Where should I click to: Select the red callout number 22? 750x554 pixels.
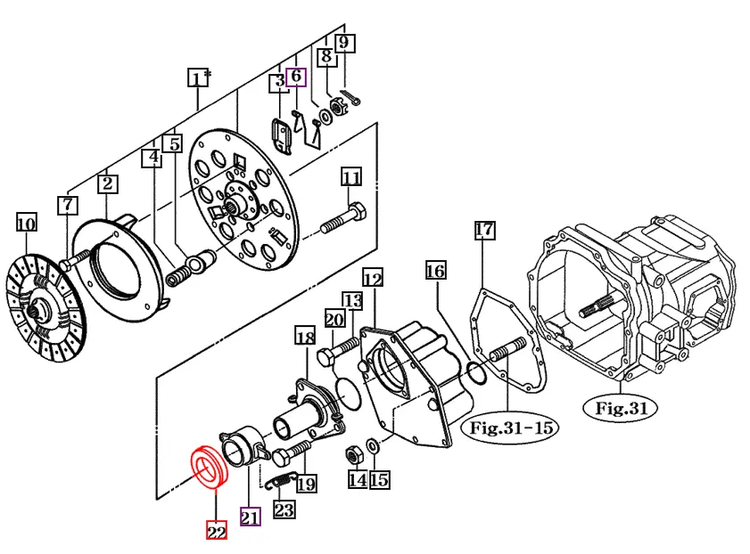pos(216,531)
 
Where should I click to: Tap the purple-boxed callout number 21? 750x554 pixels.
pos(250,517)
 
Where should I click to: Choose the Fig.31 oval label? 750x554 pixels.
pos(621,409)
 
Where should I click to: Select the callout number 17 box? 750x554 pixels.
pos(483,231)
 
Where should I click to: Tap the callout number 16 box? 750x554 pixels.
pos(434,270)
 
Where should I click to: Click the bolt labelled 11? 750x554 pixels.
pos(342,219)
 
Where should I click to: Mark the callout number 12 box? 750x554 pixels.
pos(372,280)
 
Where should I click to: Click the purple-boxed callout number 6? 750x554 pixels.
pos(296,77)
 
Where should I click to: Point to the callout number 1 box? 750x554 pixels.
pos(197,78)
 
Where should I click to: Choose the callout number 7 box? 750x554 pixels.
pos(68,205)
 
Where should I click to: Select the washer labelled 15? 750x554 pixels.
pos(373,444)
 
